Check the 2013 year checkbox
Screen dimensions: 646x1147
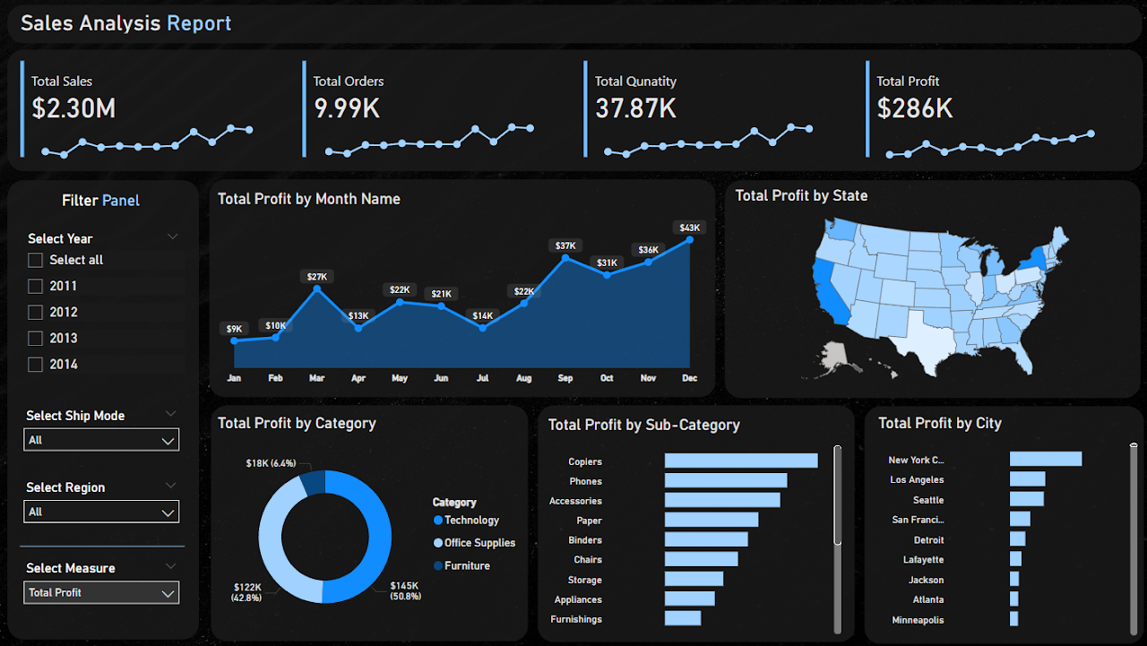coord(36,338)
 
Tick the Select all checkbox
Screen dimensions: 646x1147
coord(36,260)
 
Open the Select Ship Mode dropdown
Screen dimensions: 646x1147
coord(100,440)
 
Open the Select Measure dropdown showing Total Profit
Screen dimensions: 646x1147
coord(100,592)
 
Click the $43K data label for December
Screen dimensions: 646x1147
coord(689,228)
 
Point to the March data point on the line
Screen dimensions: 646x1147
coord(317,289)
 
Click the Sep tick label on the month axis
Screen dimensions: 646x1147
coord(565,378)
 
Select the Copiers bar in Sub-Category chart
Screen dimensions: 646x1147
coord(740,461)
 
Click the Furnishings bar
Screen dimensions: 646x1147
coord(683,618)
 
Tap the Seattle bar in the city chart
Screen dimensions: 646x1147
coord(1026,499)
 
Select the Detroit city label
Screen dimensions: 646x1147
coord(928,540)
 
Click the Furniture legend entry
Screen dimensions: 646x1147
coord(467,565)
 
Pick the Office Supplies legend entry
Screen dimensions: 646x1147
coord(479,543)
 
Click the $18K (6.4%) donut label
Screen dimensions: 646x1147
coord(270,463)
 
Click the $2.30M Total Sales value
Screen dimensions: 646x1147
coord(73,108)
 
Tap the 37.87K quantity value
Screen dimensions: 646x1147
coord(635,108)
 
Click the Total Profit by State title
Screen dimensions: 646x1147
coord(801,195)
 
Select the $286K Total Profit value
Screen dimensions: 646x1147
coord(914,108)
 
